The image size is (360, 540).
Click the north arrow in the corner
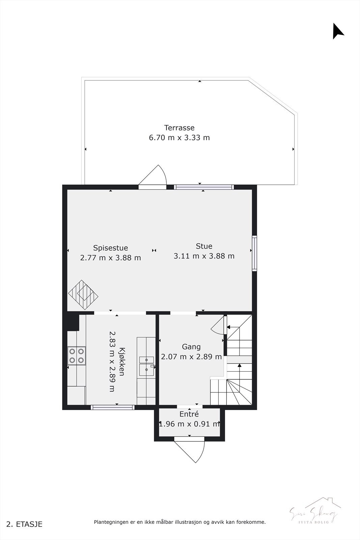[x=338, y=31]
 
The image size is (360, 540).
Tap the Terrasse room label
[x=179, y=128]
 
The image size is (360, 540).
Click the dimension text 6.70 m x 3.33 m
[x=179, y=138]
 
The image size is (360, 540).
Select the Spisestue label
[x=110, y=248]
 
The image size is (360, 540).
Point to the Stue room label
[x=204, y=246]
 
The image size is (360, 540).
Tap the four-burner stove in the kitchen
[x=77, y=356]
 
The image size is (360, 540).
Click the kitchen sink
[x=146, y=366]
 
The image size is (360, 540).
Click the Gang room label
[x=191, y=347]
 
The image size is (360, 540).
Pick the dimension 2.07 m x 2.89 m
[x=191, y=357]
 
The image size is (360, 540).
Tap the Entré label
[x=189, y=414]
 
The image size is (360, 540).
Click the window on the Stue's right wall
[x=255, y=253]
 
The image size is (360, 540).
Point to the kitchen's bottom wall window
[x=113, y=407]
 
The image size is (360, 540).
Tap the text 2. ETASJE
[x=25, y=524]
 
